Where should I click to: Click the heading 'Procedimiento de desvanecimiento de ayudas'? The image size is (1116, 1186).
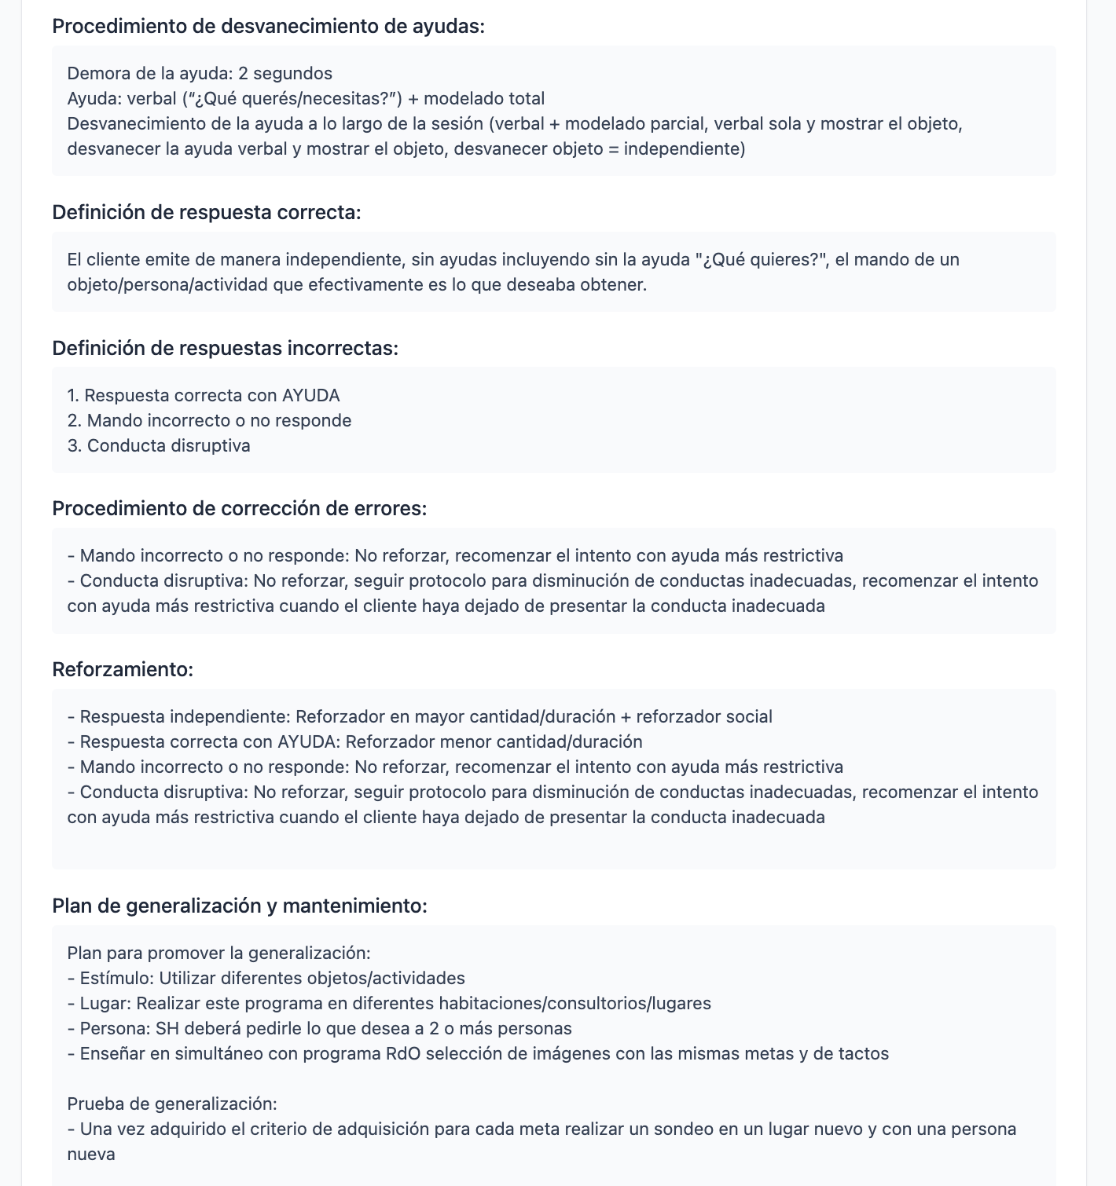(268, 26)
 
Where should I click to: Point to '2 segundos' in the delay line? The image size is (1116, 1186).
(285, 73)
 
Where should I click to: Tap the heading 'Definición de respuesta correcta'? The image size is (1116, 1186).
(206, 212)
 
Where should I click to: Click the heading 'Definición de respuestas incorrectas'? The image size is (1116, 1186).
(225, 348)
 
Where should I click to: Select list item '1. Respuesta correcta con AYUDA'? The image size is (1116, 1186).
(204, 395)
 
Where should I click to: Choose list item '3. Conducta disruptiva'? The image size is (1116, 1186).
(159, 445)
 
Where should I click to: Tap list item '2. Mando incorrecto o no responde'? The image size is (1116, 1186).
(209, 420)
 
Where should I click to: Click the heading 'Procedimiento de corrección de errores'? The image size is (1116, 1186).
(239, 508)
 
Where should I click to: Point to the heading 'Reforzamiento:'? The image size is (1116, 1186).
(123, 669)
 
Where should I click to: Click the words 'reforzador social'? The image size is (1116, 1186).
(703, 716)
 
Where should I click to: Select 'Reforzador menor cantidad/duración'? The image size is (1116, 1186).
(494, 741)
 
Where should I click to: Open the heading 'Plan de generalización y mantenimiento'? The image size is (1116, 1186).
(239, 906)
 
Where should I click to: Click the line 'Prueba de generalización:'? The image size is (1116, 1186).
(172, 1104)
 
